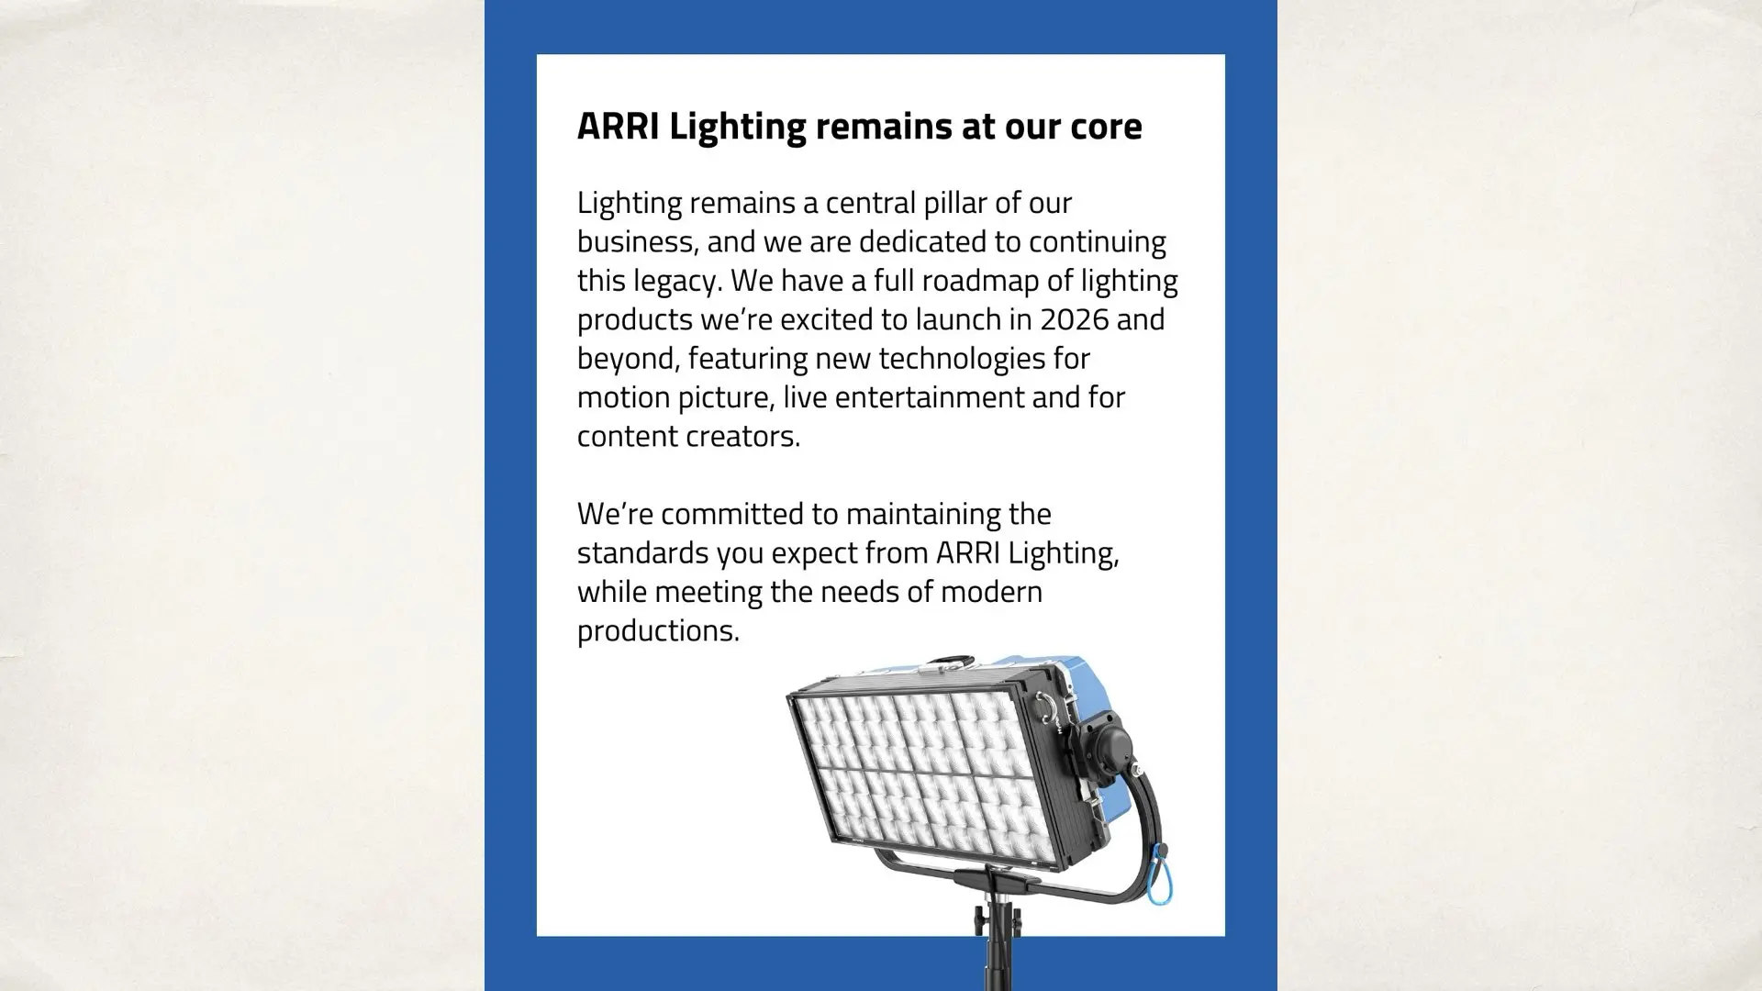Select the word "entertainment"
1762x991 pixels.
coord(930,398)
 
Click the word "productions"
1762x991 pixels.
coord(658,631)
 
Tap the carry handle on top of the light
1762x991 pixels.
coord(945,660)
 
